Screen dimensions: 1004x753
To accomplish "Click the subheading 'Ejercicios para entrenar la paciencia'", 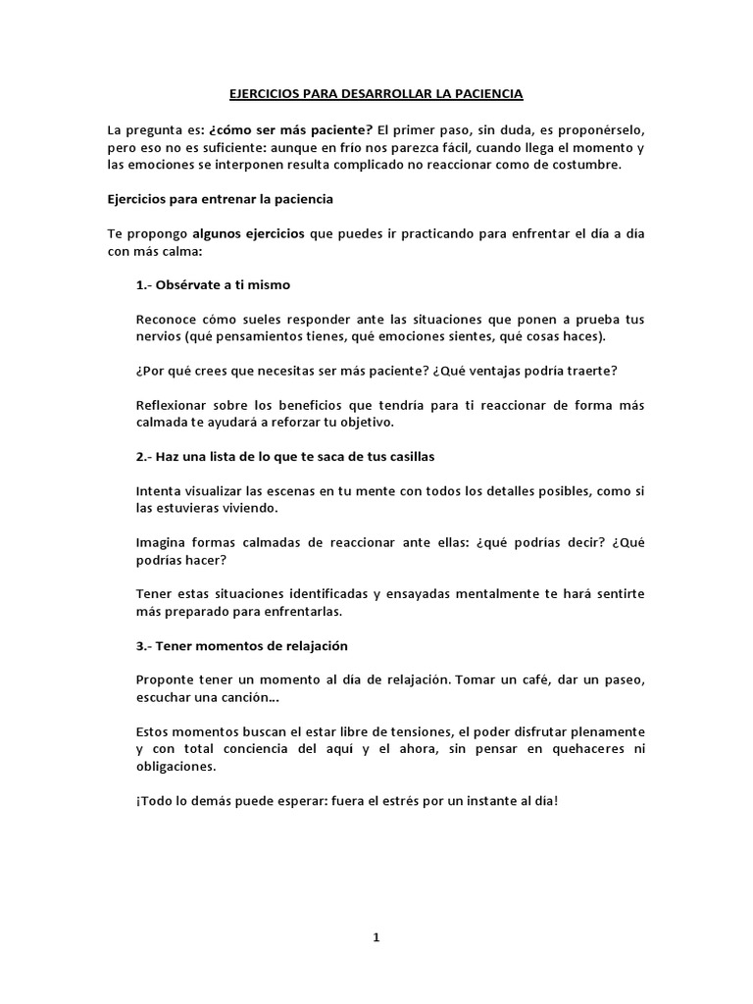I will (x=221, y=199).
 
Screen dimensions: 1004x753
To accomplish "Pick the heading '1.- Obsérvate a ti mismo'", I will (x=213, y=285).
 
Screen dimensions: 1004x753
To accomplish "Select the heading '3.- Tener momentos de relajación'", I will (x=242, y=646).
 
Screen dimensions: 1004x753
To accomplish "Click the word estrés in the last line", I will (x=406, y=800).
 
